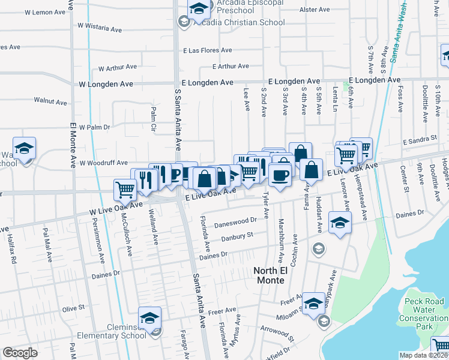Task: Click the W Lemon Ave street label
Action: pos(49,12)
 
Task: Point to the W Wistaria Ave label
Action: pos(100,28)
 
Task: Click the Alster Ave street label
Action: pos(315,10)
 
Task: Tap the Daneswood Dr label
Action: pos(237,220)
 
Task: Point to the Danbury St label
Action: pos(234,236)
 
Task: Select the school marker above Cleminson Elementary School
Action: pos(150,317)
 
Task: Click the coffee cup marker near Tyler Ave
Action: pos(280,175)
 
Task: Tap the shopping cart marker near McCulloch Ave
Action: pos(125,190)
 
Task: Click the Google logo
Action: pos(20,353)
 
